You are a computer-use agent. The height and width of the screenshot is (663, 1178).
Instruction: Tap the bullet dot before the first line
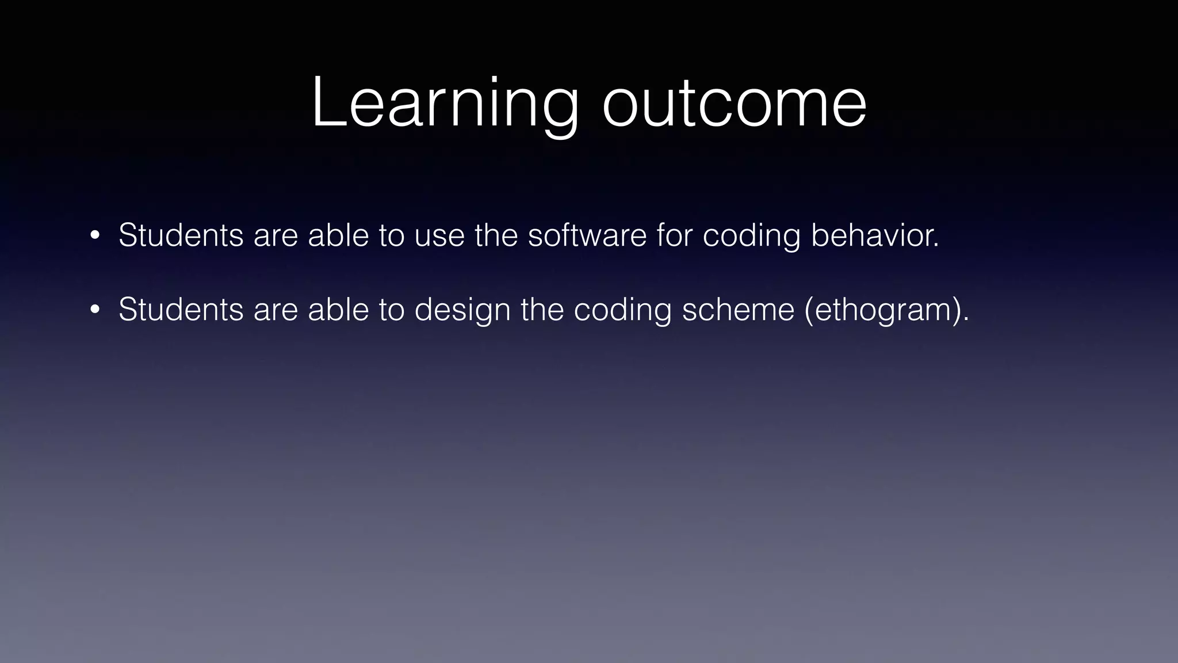pos(95,235)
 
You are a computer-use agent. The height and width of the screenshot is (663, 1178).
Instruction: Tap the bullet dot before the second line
pos(95,310)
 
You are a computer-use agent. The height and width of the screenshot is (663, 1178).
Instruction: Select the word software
pos(587,235)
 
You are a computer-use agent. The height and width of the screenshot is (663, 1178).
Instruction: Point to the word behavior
pos(874,235)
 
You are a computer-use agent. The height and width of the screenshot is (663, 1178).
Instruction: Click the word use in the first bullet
pos(439,235)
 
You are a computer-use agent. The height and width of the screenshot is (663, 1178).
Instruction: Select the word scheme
pos(738,310)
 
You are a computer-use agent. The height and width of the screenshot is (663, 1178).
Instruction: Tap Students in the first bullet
pos(181,235)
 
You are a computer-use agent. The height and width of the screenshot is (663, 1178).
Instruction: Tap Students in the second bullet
pos(181,310)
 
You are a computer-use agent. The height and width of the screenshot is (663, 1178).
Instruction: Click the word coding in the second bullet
pos(622,311)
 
